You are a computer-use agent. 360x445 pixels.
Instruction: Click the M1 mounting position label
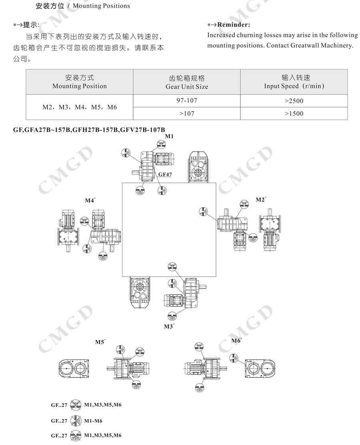click(x=170, y=136)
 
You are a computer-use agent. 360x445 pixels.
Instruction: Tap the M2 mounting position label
click(x=260, y=200)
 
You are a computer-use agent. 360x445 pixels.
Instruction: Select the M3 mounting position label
click(x=169, y=326)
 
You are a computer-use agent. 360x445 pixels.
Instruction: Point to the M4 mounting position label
click(x=90, y=200)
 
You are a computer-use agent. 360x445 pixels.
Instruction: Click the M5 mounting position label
click(x=100, y=342)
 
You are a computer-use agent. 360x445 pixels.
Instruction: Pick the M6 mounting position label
click(x=236, y=341)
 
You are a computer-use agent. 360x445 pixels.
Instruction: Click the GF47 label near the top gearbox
click(x=165, y=175)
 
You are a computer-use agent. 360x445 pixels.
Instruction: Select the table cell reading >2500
click(x=294, y=101)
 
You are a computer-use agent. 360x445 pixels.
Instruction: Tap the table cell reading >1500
click(x=294, y=114)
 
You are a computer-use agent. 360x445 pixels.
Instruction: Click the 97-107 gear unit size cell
click(x=187, y=100)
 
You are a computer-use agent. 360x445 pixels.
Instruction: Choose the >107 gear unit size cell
click(x=187, y=114)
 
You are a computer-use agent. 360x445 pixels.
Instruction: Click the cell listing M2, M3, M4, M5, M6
click(x=80, y=107)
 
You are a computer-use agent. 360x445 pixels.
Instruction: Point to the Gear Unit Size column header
click(x=187, y=82)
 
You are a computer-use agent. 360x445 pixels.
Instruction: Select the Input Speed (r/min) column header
click(x=294, y=82)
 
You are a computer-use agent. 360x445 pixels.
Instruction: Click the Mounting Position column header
click(x=80, y=82)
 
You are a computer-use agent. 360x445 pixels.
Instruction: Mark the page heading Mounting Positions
click(x=101, y=6)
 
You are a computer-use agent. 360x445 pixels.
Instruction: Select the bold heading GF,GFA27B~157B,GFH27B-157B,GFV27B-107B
click(x=89, y=130)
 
